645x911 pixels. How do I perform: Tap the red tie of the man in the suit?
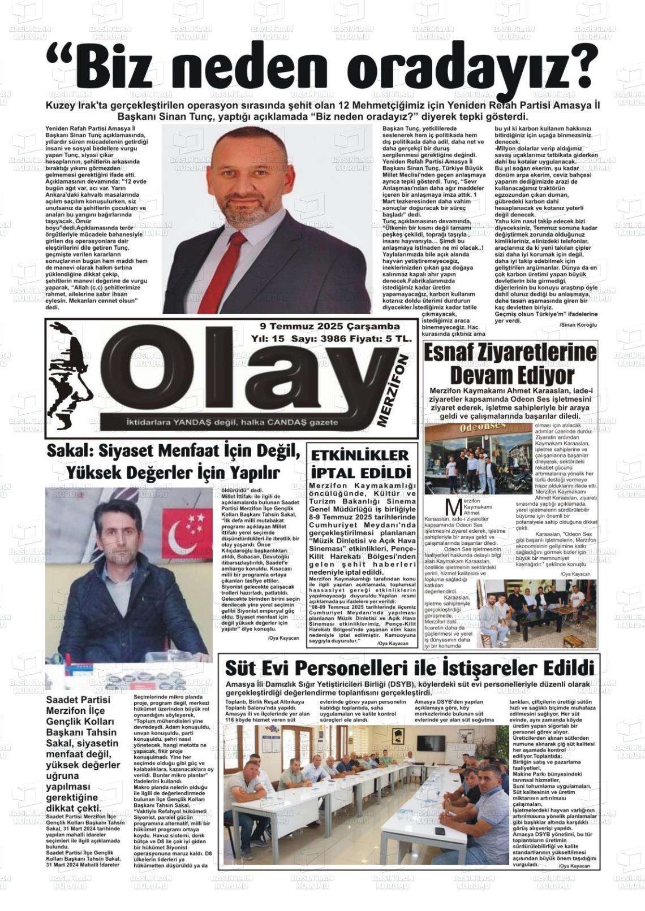(230, 266)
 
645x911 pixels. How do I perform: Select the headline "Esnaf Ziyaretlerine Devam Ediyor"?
(510, 363)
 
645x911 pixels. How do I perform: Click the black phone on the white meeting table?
(440, 831)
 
